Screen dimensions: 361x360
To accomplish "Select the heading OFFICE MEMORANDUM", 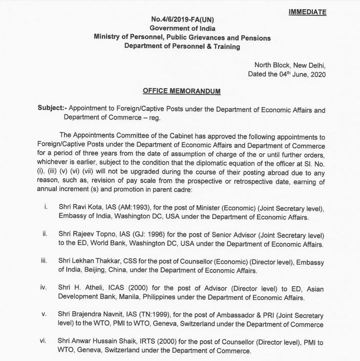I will [182, 91].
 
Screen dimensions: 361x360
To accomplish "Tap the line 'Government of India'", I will [182, 29].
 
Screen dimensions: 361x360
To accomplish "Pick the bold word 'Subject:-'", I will [52, 110].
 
